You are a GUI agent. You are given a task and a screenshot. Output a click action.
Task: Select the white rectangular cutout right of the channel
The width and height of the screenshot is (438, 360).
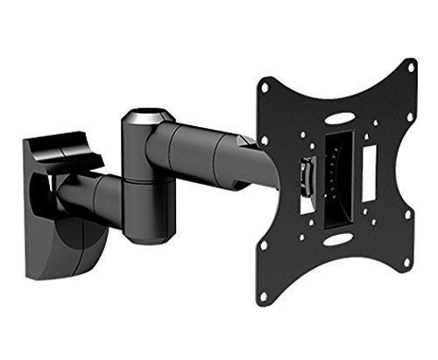pos(371,167)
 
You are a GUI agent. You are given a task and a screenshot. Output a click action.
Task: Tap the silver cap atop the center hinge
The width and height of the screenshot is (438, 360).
pos(144,116)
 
